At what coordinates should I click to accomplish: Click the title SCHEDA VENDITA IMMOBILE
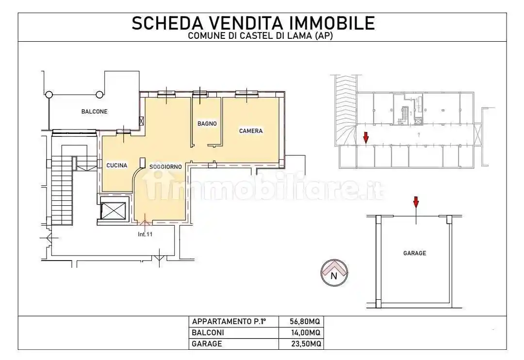[253, 23]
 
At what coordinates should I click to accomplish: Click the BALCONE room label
[94, 112]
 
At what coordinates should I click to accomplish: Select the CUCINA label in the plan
[116, 165]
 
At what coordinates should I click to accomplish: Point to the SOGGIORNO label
[165, 167]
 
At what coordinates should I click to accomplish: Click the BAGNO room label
[207, 124]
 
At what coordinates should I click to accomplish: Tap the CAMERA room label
[251, 131]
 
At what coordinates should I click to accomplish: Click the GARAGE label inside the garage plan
[414, 253]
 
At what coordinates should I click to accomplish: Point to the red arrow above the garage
[415, 202]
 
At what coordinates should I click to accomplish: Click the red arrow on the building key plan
[366, 138]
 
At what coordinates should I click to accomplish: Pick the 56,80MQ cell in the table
[305, 322]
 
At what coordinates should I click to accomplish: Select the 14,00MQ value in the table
[305, 333]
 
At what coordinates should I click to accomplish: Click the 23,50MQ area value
[305, 344]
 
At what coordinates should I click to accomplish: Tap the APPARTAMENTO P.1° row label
[229, 322]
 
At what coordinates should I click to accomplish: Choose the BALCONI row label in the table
[208, 333]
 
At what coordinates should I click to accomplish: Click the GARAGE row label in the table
[207, 344]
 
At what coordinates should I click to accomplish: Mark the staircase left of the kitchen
[62, 191]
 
